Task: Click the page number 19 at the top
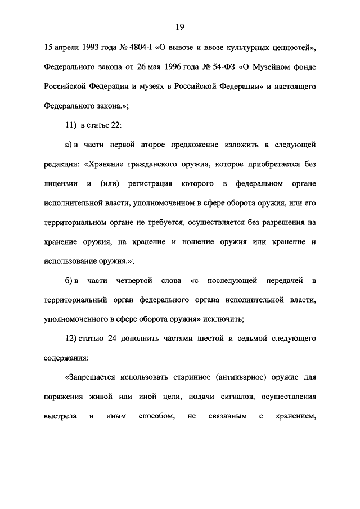(180, 28)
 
